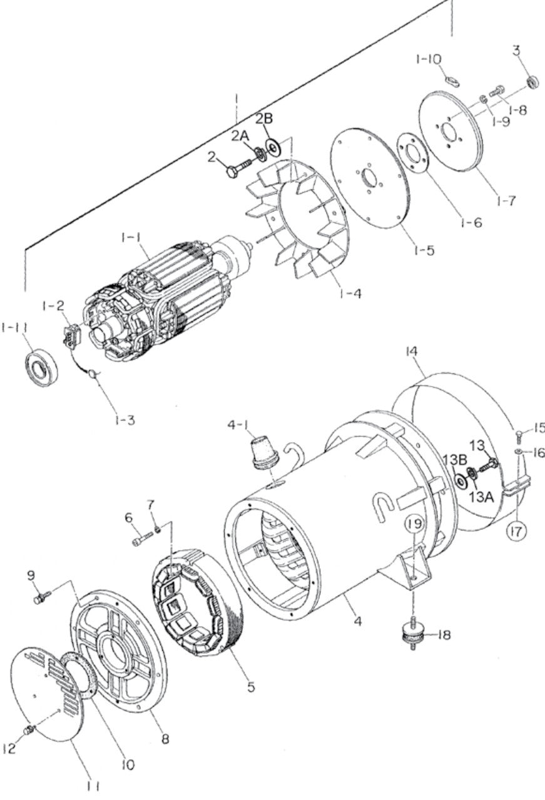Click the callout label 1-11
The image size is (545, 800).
click(14, 327)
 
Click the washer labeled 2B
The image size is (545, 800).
click(273, 146)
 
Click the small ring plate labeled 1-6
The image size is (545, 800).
click(413, 153)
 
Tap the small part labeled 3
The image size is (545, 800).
click(532, 81)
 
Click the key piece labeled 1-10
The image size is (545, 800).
click(453, 80)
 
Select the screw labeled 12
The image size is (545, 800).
click(28, 730)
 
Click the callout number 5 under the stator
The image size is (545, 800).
click(250, 687)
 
